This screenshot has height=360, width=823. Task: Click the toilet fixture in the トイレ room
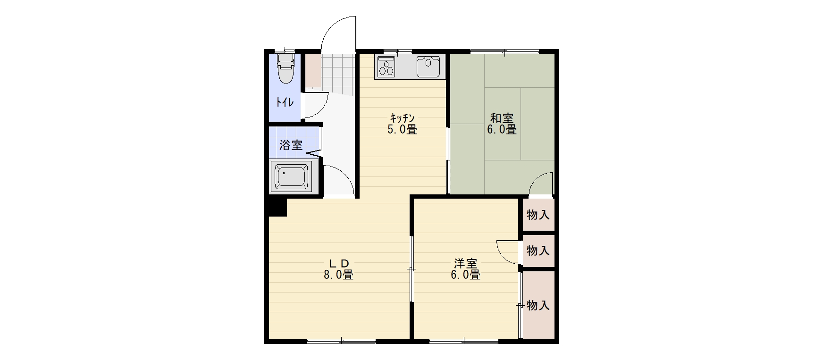(286, 68)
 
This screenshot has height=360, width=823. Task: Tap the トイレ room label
(285, 102)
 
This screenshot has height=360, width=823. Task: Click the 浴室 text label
(291, 145)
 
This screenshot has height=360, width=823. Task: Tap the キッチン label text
(402, 118)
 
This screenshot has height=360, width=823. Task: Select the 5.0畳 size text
(402, 129)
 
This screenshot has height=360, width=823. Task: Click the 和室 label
(502, 118)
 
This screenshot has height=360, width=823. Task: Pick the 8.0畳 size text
(338, 275)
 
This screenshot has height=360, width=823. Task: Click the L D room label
(338, 263)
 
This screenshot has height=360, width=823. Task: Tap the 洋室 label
(466, 263)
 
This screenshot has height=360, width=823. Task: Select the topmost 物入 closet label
(538, 215)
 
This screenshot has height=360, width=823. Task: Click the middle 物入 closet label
(538, 251)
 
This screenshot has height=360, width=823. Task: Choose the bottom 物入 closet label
(538, 305)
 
